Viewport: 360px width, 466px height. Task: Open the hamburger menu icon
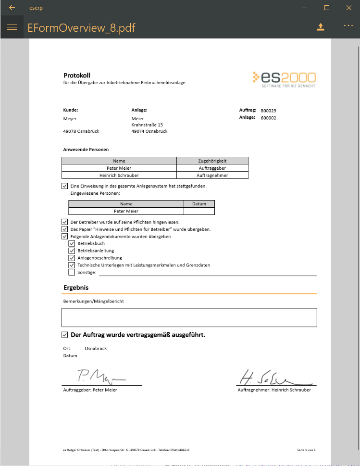[12, 27]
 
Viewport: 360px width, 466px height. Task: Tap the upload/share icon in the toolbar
[321, 27]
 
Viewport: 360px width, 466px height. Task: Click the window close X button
[349, 8]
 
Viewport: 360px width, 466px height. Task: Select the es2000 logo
[284, 79]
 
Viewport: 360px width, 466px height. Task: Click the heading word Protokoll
[77, 75]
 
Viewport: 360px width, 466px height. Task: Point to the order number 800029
[269, 110]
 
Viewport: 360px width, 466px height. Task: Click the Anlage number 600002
[268, 118]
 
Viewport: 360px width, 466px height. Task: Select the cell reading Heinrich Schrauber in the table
[119, 176]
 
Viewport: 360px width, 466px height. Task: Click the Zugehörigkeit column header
[212, 161]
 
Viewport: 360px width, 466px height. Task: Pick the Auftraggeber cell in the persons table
[212, 168]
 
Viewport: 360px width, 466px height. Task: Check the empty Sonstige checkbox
[72, 272]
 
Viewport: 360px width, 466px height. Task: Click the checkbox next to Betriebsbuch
[72, 243]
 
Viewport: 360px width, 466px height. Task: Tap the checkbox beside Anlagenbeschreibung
[72, 258]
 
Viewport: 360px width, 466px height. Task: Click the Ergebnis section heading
[76, 288]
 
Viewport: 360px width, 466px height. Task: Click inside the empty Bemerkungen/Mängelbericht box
[189, 317]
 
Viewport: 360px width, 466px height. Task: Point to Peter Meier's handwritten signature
[101, 376]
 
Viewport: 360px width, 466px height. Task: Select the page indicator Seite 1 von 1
[306, 450]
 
